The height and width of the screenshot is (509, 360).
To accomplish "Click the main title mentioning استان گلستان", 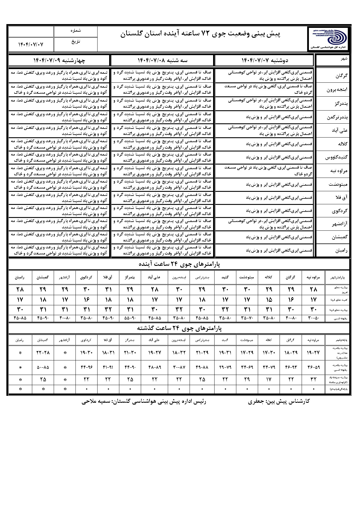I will point(200,34).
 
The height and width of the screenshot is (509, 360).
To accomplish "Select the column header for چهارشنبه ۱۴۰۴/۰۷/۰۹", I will point(59,60).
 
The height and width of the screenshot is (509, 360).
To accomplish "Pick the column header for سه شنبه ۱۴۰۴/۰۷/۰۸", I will point(163,60).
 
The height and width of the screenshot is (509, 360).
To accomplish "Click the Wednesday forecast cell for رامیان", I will point(59,250).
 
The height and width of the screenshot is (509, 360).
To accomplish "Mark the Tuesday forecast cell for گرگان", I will point(163,75).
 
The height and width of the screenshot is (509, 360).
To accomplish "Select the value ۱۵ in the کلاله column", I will point(269,299).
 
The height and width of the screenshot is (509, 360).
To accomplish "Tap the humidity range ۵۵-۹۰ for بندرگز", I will point(130,318).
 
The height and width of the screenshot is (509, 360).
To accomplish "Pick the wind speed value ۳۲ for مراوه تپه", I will point(313,379).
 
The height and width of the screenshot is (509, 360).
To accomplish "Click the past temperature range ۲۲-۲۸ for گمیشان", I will point(43,353).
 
